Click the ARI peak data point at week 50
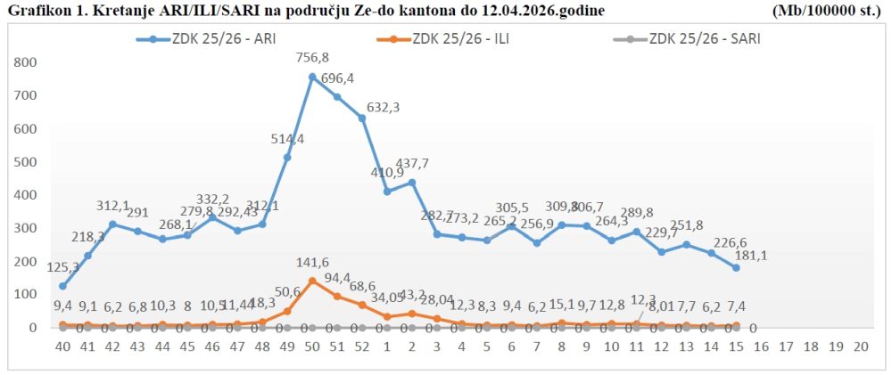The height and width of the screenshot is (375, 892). (x=312, y=77)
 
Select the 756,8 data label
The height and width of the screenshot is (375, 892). (x=312, y=59)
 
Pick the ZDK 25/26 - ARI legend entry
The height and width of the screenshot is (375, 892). (x=218, y=39)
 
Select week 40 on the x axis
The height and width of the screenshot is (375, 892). (x=62, y=346)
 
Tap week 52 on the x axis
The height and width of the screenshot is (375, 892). (x=362, y=346)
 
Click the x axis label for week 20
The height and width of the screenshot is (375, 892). (x=861, y=346)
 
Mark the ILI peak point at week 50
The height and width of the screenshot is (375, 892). (x=312, y=281)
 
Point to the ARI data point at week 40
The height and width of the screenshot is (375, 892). (x=62, y=286)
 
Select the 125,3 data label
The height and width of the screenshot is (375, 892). (x=62, y=266)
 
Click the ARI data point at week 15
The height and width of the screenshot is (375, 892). (x=736, y=267)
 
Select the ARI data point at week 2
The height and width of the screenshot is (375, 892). (x=412, y=183)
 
